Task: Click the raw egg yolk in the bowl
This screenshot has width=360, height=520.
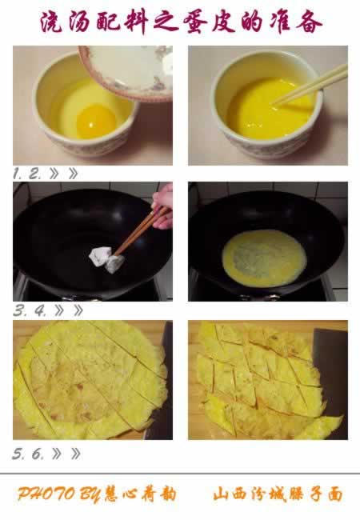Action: (x=96, y=121)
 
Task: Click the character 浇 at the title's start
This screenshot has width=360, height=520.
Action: (x=51, y=22)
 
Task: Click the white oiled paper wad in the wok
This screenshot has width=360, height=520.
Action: (x=107, y=259)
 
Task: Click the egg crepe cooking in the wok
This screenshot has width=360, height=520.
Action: (x=264, y=258)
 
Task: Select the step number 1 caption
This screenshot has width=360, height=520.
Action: (x=18, y=174)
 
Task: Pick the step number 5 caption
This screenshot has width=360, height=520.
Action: (x=18, y=454)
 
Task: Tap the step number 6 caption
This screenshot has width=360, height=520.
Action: (x=38, y=454)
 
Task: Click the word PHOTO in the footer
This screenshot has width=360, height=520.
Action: (x=46, y=494)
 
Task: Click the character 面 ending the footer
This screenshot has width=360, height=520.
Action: (x=335, y=494)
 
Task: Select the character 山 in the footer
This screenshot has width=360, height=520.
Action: (x=221, y=494)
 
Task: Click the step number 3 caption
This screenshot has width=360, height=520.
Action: (x=20, y=310)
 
